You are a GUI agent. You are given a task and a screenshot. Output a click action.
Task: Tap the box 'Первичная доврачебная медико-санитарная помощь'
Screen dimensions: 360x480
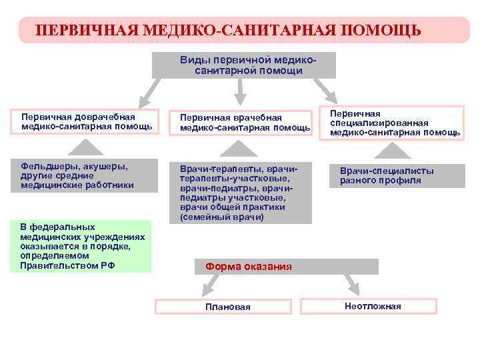coord(85,121)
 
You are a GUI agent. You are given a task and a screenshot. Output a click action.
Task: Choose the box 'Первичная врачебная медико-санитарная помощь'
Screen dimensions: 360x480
coord(244,122)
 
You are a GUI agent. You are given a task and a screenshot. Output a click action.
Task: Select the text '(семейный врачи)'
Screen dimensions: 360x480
coord(221,217)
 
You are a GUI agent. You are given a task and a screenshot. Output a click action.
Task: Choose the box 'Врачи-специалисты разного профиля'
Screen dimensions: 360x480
coord(397,175)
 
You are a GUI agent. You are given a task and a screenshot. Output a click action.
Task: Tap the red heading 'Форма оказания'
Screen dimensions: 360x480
coord(248,267)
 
